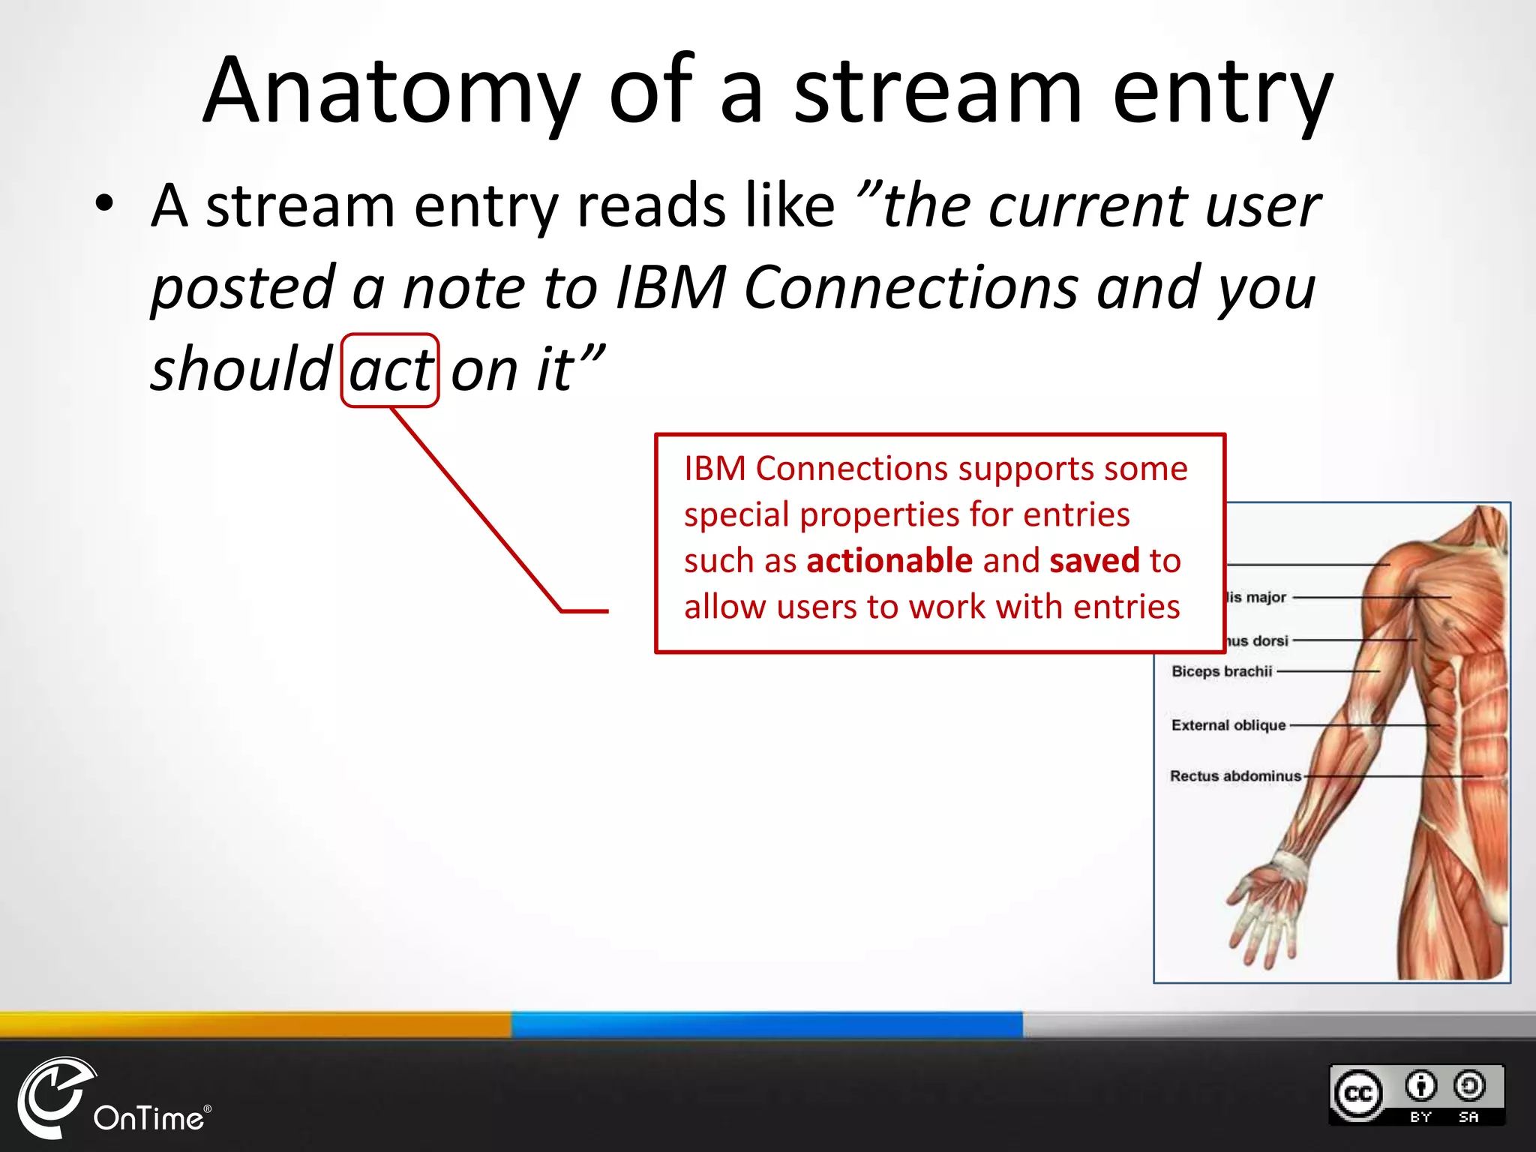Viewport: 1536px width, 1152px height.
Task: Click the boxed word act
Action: pyautogui.click(x=390, y=370)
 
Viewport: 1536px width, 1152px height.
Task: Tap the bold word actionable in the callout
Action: pyautogui.click(x=889, y=561)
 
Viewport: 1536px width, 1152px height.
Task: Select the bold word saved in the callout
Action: pyautogui.click(x=1094, y=561)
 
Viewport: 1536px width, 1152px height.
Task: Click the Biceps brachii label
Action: pyautogui.click(x=1222, y=671)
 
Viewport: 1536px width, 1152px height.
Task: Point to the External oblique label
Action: pyautogui.click(x=1228, y=725)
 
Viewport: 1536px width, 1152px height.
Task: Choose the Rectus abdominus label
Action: pyautogui.click(x=1235, y=776)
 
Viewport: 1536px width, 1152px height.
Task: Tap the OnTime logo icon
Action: pyautogui.click(x=52, y=1096)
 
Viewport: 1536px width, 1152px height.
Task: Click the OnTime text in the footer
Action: pyautogui.click(x=148, y=1118)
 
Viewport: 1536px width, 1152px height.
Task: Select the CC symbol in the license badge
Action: pyautogui.click(x=1358, y=1093)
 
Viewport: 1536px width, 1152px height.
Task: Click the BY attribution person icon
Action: pyautogui.click(x=1420, y=1086)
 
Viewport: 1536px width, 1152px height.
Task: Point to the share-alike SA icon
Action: pyautogui.click(x=1468, y=1086)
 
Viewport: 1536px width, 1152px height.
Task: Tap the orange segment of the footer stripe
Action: pyautogui.click(x=255, y=1024)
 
